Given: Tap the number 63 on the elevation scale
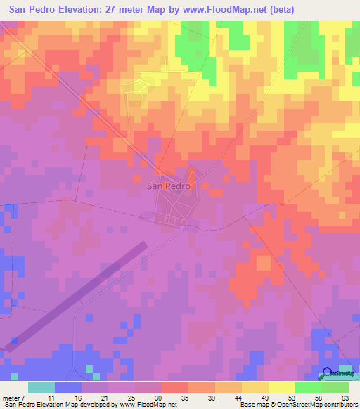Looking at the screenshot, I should point(344,397).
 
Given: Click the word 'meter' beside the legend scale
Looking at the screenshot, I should point(10,397).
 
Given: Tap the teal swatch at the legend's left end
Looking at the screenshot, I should point(41,387).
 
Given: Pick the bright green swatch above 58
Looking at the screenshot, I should point(309,387).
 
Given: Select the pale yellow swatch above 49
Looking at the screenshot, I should point(255,387).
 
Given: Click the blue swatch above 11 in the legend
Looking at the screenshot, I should point(68,387).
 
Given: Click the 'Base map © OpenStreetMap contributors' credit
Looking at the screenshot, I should point(297,405).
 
